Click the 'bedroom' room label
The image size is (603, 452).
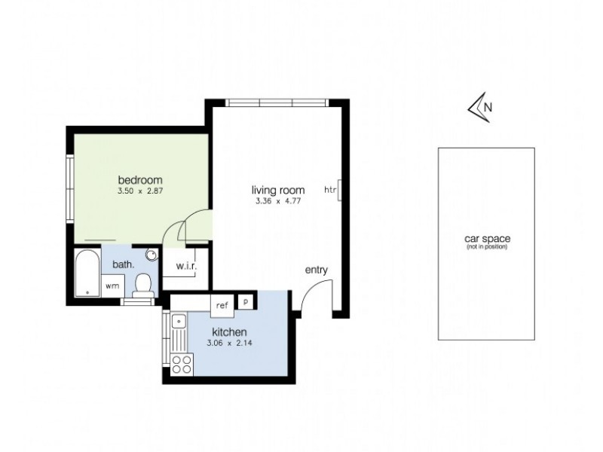click(140, 180)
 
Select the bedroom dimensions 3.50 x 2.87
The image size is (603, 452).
click(140, 191)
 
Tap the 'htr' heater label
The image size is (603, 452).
click(330, 190)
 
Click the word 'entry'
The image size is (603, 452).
click(316, 270)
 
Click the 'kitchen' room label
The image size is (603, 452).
click(229, 332)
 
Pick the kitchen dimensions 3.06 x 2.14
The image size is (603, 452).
click(229, 344)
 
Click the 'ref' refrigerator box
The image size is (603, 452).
click(222, 305)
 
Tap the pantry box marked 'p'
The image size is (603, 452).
click(246, 301)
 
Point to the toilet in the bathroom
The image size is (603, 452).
click(143, 285)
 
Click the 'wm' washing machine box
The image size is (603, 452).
click(112, 286)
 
